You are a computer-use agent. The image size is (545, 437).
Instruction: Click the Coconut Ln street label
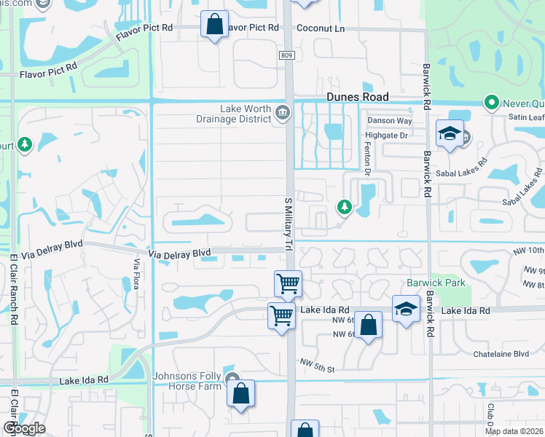coord(320,28)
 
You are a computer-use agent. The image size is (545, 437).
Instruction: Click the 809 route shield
coord(286,55)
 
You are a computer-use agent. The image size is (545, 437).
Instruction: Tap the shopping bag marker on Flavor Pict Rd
coord(215,25)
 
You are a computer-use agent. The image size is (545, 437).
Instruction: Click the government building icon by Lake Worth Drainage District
coord(283,113)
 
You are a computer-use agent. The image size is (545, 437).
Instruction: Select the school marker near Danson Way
coord(450,133)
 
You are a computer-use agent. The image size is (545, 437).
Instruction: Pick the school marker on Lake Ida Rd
coord(406,309)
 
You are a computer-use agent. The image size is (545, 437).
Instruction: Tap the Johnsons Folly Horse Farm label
coord(187,381)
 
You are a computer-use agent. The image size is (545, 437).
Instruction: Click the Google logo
coord(24,428)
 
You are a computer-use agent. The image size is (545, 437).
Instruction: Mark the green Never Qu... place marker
coord(492,103)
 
